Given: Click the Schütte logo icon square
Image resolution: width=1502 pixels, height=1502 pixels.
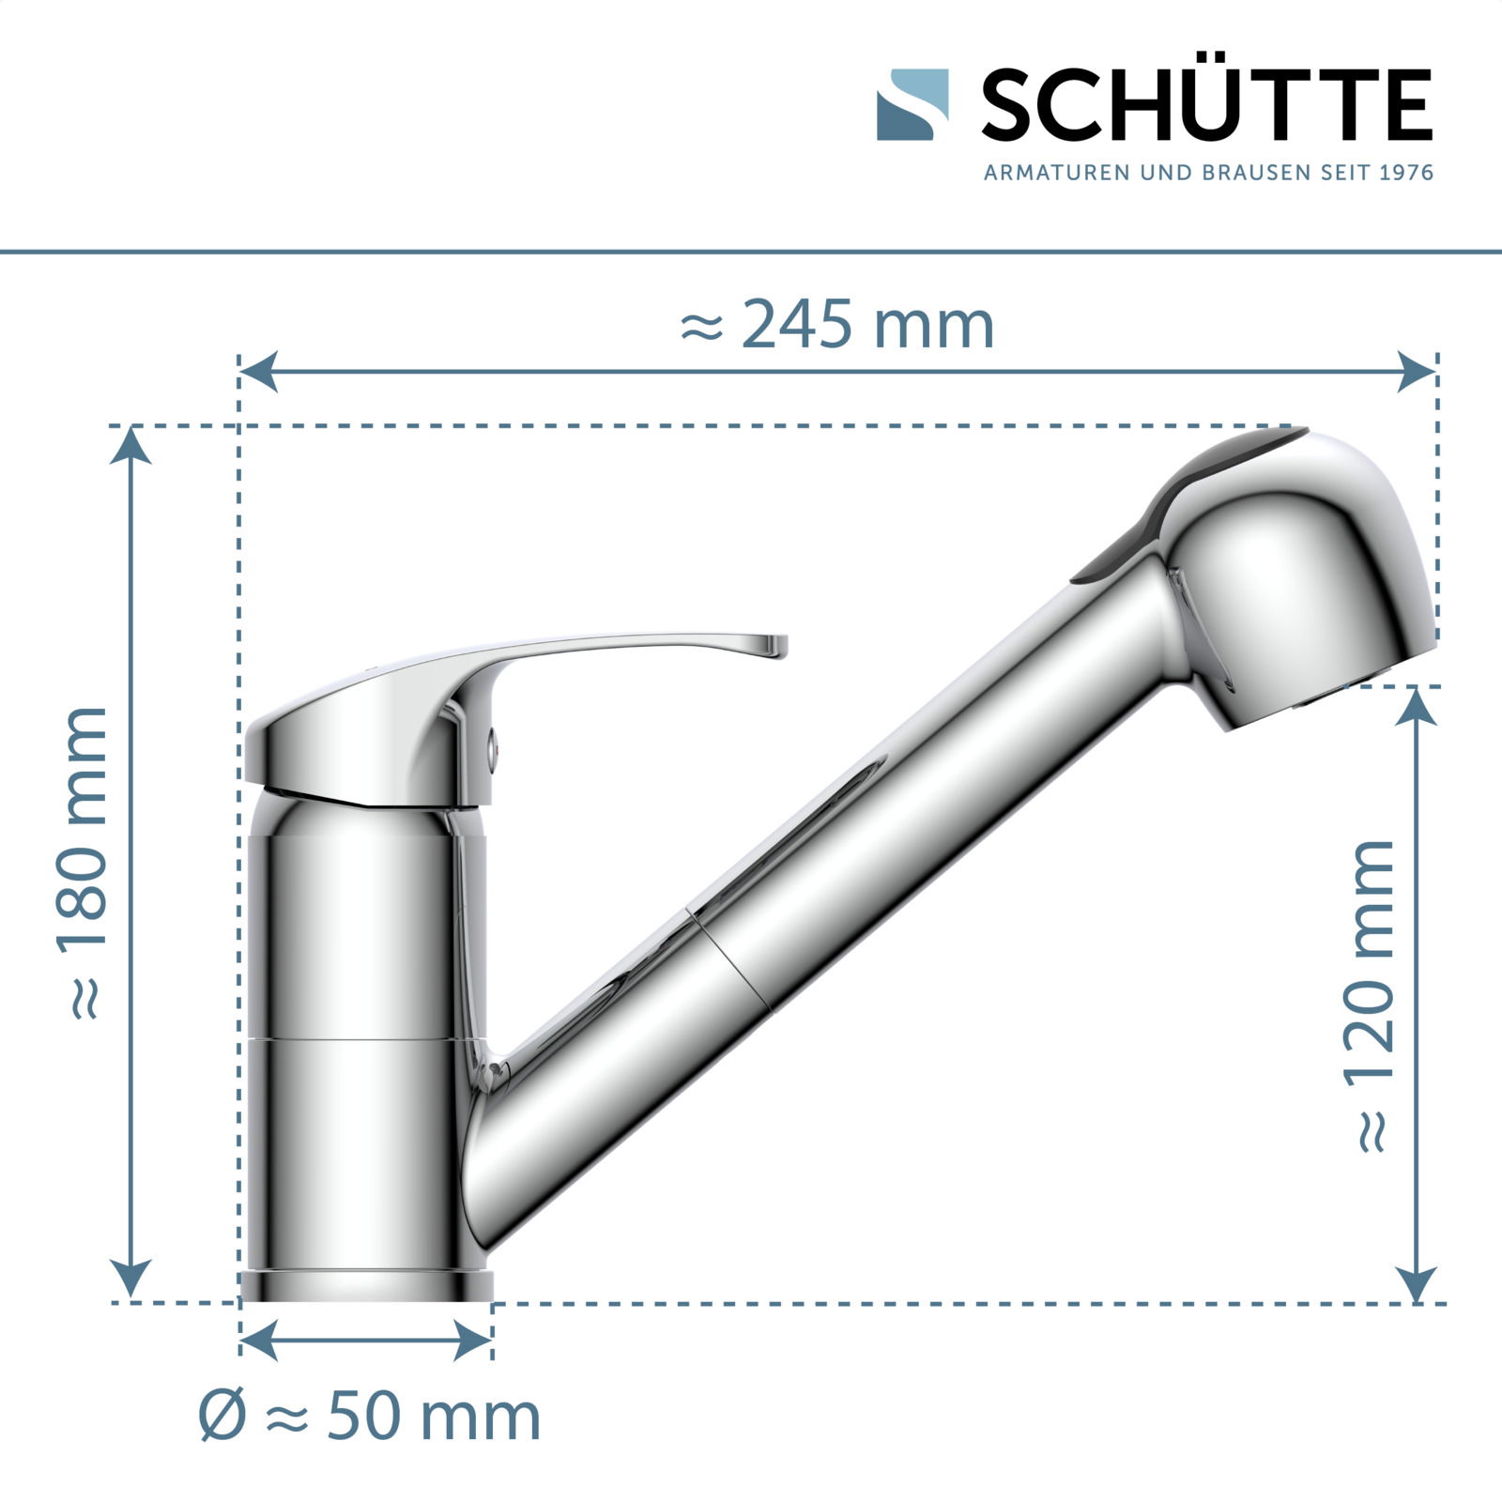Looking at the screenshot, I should [912, 104].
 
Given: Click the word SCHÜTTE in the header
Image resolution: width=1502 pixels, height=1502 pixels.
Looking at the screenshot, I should [1206, 104].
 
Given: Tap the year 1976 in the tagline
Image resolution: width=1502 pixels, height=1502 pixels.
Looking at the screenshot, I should [1407, 173].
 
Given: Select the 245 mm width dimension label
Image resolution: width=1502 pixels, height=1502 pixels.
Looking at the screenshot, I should [835, 326].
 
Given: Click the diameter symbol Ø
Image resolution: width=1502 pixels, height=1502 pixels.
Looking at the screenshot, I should [222, 1418].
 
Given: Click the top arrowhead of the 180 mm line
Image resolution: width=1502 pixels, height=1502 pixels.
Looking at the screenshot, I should [130, 445].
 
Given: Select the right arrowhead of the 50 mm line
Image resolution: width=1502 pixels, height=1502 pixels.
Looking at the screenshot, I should [474, 1340].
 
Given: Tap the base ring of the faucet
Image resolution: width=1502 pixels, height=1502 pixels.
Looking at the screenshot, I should [366, 1286].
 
